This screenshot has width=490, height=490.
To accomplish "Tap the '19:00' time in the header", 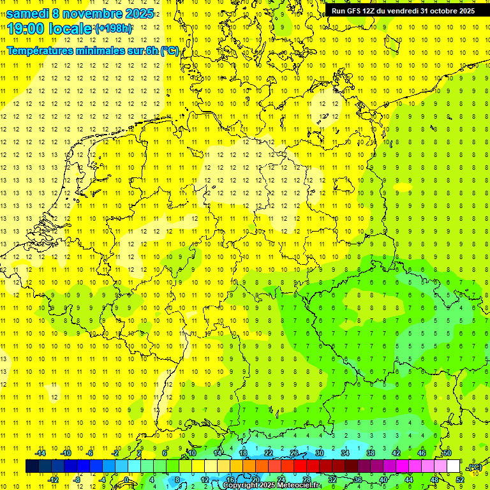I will (26, 29).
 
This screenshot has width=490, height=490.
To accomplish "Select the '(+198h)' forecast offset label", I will (114, 29).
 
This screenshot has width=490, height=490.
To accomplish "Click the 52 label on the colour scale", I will (460, 479).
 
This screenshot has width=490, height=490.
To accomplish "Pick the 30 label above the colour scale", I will (320, 453).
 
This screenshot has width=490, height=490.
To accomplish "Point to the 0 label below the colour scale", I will (126, 479).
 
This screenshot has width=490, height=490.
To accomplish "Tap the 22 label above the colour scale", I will (269, 453).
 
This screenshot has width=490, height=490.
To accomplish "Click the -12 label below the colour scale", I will (53, 479).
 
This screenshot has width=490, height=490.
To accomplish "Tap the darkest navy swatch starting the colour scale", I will (32, 466).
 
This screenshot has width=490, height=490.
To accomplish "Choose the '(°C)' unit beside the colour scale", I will (475, 467).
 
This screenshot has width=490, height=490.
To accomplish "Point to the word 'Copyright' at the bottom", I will (241, 486).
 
